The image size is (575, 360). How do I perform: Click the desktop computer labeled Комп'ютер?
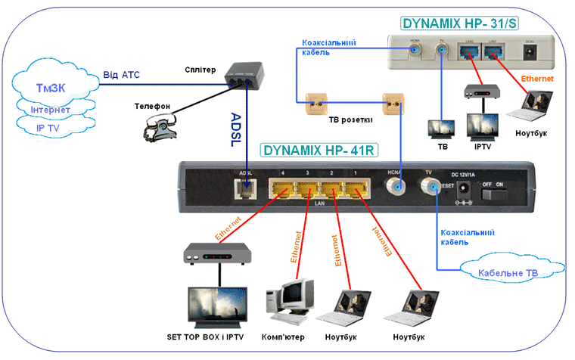coord(290,299)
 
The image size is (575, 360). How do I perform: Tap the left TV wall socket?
coord(313,101)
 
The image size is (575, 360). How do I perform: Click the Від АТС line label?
coord(122,74)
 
